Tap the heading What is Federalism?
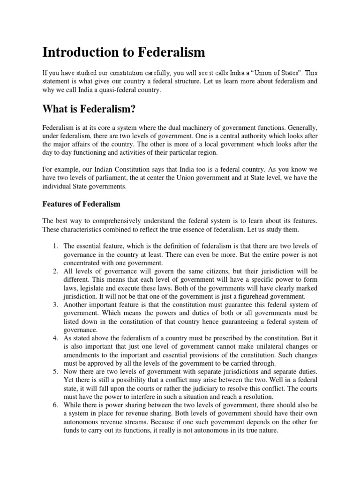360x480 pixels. click(90, 109)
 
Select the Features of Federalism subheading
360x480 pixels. click(82, 204)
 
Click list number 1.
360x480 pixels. click(55, 245)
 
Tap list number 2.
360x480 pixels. click(55, 271)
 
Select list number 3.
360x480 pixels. click(55, 305)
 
